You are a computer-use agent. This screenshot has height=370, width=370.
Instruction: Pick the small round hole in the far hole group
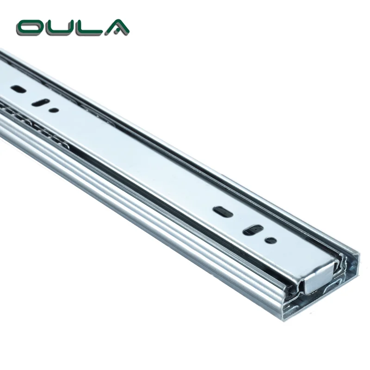(x=54, y=110)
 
